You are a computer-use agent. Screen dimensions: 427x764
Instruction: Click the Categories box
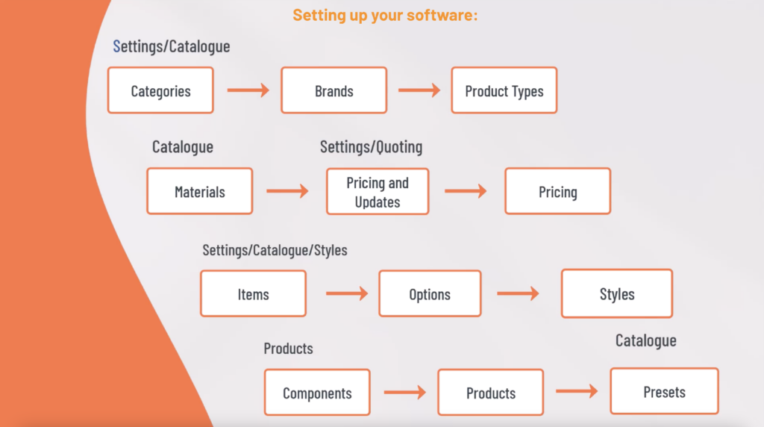pos(160,90)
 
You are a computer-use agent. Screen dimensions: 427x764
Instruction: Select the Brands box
pos(334,90)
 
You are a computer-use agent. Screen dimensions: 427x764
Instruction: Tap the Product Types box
pos(504,90)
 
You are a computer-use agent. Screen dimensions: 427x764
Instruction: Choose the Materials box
pos(199,191)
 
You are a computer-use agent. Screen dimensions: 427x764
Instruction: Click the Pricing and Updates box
pos(378,192)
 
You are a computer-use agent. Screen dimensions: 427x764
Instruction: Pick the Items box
pos(253,293)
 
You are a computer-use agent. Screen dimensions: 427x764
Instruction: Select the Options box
pos(430,293)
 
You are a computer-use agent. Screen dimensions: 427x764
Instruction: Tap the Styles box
pos(616,293)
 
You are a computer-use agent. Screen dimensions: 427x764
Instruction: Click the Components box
pos(317,393)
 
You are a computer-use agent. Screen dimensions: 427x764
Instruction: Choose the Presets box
pos(664,391)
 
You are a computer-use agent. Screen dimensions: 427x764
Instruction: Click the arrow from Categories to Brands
pos(248,90)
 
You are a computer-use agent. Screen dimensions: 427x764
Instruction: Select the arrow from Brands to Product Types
pos(419,90)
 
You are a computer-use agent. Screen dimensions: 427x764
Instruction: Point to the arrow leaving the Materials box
pos(287,191)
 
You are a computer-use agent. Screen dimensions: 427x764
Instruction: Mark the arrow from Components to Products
pos(404,392)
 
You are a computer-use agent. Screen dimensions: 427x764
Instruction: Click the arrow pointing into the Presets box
pos(577,390)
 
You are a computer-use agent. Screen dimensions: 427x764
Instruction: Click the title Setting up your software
pos(384,15)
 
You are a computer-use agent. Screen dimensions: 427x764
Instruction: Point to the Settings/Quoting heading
pos(371,147)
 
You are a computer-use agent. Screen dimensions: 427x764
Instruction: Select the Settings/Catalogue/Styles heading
pos(275,250)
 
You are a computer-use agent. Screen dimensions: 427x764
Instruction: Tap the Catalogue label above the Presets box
pos(645,340)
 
